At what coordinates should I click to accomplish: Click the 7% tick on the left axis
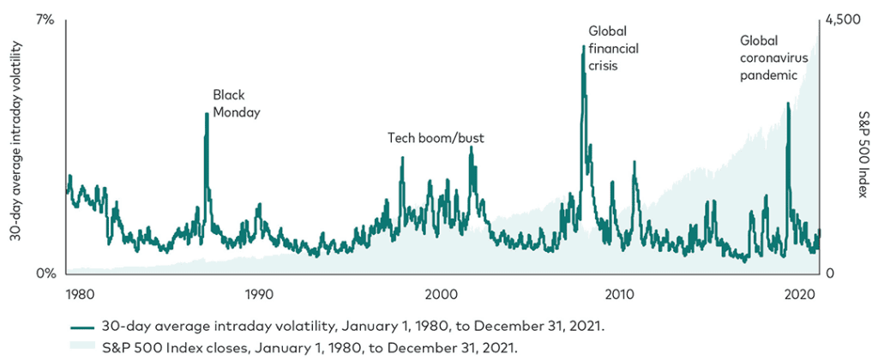click(44, 19)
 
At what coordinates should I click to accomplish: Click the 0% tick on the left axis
click(44, 274)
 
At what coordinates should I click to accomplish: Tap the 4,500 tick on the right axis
click(842, 19)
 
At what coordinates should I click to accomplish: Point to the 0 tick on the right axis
click(830, 274)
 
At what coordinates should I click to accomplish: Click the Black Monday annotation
click(236, 103)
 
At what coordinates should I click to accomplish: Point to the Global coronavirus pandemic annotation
click(769, 57)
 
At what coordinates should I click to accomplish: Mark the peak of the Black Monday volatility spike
click(207, 113)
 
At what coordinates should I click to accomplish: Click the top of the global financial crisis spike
click(584, 45)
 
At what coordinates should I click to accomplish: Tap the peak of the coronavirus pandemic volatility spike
click(788, 104)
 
